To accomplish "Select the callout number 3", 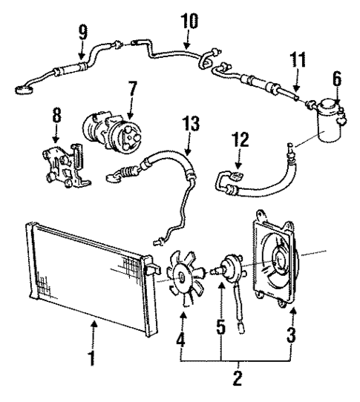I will click(x=292, y=335).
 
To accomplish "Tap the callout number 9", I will click(x=82, y=33).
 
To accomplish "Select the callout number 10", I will click(x=189, y=19).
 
